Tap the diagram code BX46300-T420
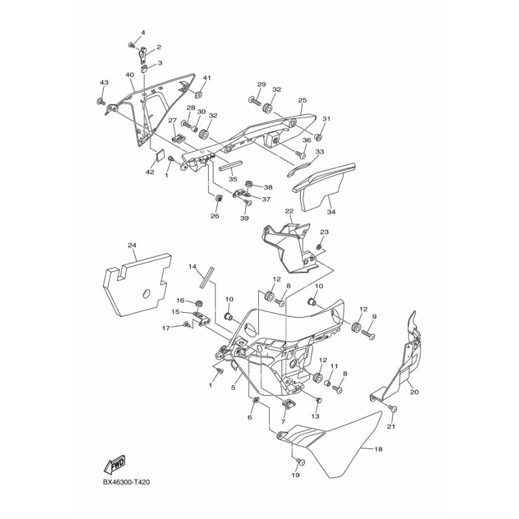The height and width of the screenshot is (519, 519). (x=126, y=482)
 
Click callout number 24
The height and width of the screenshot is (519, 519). (x=132, y=245)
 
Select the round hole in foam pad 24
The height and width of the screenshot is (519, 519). (x=146, y=293)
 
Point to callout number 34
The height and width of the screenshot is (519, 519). (x=331, y=212)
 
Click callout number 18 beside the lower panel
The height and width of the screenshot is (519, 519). (x=378, y=449)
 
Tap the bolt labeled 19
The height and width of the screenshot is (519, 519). (x=300, y=461)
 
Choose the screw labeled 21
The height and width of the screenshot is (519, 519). (x=393, y=409)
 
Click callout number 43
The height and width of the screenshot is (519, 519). (x=104, y=82)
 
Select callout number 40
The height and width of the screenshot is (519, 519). (x=130, y=75)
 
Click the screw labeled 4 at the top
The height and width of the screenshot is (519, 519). (x=132, y=45)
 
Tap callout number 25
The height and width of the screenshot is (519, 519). (x=302, y=100)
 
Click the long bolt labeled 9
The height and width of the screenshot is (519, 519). (x=368, y=334)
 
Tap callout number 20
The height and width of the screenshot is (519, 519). (x=415, y=392)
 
